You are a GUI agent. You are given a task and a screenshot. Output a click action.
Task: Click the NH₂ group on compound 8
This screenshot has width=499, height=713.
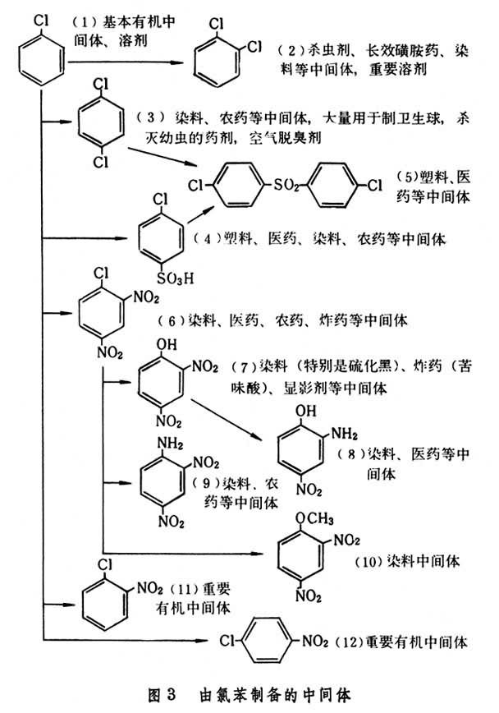click(x=345, y=434)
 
